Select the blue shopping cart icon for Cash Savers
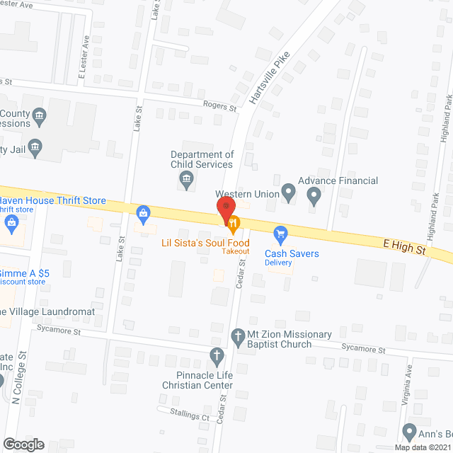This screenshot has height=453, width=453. pyautogui.click(x=281, y=233)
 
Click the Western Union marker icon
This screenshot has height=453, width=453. pyautogui.click(x=288, y=191)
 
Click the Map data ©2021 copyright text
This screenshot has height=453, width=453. pyautogui.click(x=423, y=447)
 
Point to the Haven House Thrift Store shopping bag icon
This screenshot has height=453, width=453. pyautogui.click(x=144, y=212)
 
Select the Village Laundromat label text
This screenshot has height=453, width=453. pyautogui.click(x=50, y=312)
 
